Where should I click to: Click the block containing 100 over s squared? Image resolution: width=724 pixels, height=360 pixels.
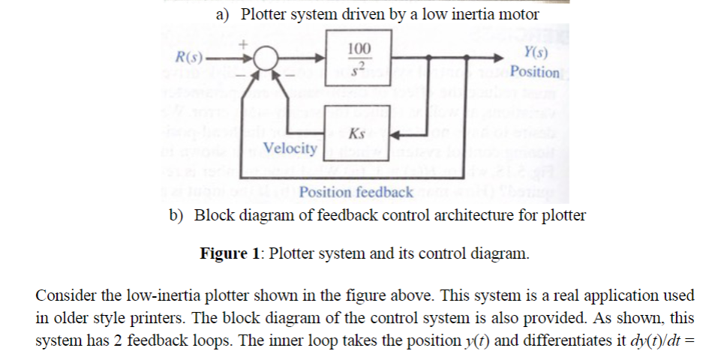pos(358,58)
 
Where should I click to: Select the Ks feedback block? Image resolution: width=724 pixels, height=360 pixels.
pos(358,135)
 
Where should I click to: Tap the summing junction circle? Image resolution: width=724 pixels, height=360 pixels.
pos(264,58)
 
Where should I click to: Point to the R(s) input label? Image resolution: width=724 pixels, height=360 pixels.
pos(188,57)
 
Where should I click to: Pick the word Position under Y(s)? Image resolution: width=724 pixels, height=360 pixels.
pos(535,73)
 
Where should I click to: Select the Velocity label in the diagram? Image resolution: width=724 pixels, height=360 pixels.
pos(290,148)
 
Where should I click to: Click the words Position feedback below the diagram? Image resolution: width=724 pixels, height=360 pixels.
pos(356,193)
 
